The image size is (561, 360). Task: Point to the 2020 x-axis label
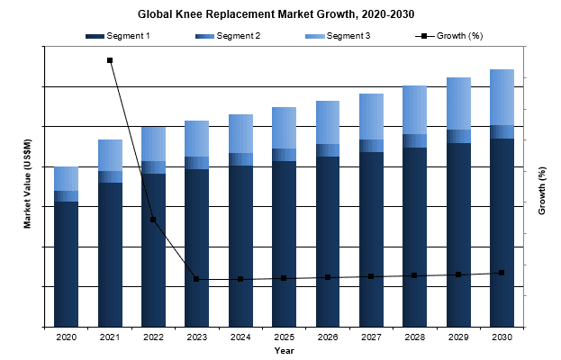pyautogui.click(x=66, y=337)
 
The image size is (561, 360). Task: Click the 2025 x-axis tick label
pyautogui.click(x=284, y=337)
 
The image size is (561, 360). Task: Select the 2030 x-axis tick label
pyautogui.click(x=502, y=337)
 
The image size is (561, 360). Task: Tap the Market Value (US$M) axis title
pyautogui.click(x=28, y=184)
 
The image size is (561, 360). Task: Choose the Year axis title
pyautogui.click(x=284, y=349)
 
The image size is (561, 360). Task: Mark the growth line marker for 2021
pyautogui.click(x=110, y=60)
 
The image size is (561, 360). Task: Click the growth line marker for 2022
pyautogui.click(x=153, y=220)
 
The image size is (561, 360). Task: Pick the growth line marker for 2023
pyautogui.click(x=196, y=279)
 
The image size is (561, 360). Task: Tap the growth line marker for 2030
pyautogui.click(x=502, y=272)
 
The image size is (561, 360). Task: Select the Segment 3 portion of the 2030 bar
pyautogui.click(x=502, y=97)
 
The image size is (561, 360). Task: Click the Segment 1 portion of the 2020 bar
pyautogui.click(x=66, y=265)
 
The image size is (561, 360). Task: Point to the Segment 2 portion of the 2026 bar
pyautogui.click(x=327, y=150)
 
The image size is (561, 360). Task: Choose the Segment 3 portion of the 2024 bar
pyautogui.click(x=240, y=133)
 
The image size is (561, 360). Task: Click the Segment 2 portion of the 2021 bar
pyautogui.click(x=110, y=176)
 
